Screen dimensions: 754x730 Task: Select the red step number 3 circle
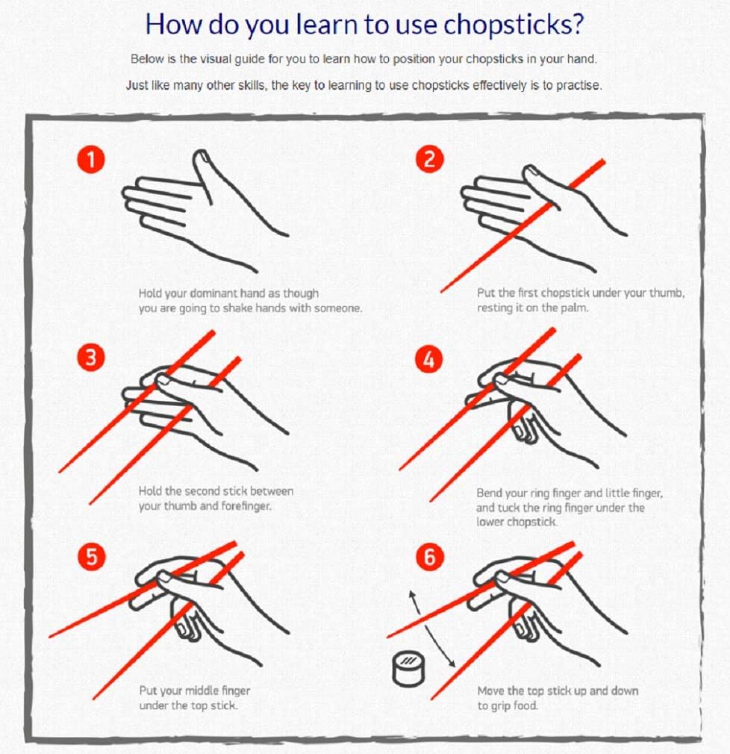click(91, 358)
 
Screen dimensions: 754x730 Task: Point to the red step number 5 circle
click(91, 557)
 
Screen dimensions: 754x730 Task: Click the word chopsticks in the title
click(507, 24)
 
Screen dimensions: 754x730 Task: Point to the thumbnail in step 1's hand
click(201, 158)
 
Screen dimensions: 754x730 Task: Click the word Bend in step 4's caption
click(490, 493)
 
